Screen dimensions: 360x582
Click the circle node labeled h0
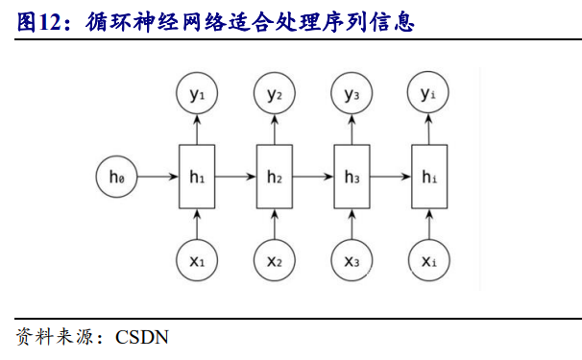tap(117, 177)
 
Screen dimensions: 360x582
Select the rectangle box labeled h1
tap(196, 177)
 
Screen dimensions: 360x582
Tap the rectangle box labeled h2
tap(274, 177)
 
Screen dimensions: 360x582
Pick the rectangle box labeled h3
tap(352, 177)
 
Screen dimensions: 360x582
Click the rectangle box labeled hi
tap(429, 177)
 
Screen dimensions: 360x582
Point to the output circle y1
tap(196, 94)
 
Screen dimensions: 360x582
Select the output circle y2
tap(274, 94)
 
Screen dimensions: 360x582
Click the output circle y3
tap(352, 94)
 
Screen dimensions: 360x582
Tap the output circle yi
tap(429, 94)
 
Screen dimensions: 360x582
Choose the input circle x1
tap(196, 260)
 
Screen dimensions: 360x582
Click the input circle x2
tap(274, 260)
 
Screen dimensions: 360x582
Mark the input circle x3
tap(352, 260)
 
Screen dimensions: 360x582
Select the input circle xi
tap(429, 260)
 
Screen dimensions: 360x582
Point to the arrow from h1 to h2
tap(235, 177)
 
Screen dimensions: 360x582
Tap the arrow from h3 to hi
tap(391, 177)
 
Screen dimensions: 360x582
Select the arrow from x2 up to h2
tap(274, 225)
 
